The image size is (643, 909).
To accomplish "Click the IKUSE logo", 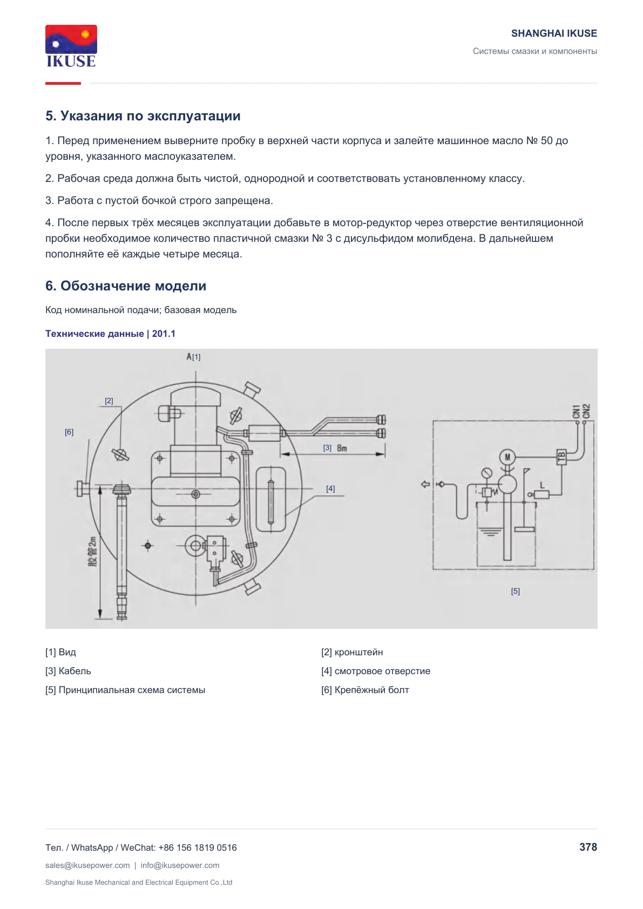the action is click(71, 46).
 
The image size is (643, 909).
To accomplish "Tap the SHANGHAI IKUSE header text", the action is click(554, 33).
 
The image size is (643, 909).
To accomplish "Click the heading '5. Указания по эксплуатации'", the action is click(143, 116).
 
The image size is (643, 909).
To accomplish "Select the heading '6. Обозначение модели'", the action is click(126, 286).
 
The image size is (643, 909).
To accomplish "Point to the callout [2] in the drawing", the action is click(109, 401).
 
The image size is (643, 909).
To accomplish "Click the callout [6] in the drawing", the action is click(69, 432).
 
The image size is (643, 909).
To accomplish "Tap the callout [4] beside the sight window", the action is click(330, 489).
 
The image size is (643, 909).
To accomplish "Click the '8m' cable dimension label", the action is click(342, 448).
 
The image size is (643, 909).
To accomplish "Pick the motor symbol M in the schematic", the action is click(507, 457).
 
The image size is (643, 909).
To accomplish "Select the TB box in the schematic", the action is click(561, 457).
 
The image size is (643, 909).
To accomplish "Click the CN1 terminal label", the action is click(576, 411).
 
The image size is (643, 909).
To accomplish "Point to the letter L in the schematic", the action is click(542, 485).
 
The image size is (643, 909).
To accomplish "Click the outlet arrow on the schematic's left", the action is click(425, 484).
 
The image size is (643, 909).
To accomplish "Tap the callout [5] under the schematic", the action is click(515, 592).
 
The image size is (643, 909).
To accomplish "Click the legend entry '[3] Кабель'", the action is click(68, 671).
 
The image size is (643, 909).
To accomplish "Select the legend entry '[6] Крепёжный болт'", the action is click(365, 690).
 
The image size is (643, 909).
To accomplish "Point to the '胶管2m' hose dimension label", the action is click(92, 552).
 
